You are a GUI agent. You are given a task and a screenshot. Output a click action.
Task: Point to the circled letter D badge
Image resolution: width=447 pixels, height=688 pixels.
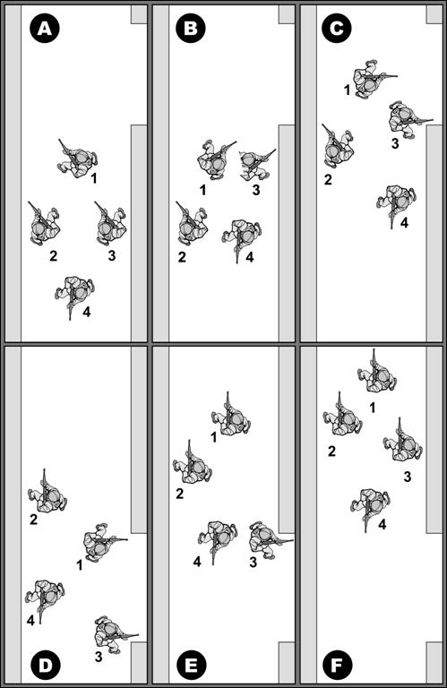(45, 666)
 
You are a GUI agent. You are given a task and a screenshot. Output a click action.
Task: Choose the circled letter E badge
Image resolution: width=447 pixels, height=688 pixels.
(192, 666)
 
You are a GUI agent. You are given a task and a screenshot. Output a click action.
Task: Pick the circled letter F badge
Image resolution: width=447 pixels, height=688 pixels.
(338, 666)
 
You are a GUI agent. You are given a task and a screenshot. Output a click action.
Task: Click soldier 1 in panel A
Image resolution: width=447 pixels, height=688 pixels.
(77, 159)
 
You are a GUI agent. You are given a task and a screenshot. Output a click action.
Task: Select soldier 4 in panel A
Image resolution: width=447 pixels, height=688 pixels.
(75, 293)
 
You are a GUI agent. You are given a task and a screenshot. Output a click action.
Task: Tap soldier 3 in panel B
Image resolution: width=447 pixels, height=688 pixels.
(256, 164)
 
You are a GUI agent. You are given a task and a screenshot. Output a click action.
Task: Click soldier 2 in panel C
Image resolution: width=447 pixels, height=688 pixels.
(338, 147)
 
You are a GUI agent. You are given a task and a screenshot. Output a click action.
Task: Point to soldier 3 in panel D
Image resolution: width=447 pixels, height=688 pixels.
(114, 634)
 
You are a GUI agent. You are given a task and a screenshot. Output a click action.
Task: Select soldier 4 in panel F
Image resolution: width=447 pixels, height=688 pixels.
(371, 506)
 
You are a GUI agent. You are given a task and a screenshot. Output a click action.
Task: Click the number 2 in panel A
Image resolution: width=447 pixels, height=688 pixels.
(53, 256)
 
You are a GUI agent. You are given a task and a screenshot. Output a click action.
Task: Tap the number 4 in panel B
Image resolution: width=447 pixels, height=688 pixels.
(250, 257)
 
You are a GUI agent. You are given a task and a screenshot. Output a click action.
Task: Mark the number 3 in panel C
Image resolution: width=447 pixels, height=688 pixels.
(395, 143)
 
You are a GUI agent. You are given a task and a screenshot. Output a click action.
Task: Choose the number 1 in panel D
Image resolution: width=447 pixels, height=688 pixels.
(80, 565)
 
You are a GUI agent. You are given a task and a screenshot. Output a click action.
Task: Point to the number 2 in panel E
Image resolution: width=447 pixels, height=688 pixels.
(179, 494)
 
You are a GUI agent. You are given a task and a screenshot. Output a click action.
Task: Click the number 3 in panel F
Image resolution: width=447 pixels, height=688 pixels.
(408, 477)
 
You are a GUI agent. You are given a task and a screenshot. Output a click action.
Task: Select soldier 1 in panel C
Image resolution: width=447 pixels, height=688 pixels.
(372, 79)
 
